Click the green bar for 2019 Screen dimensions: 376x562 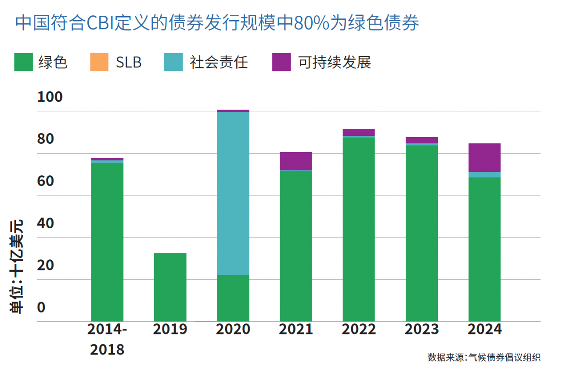[x=170, y=287]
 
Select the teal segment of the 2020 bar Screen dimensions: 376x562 [x=233, y=193]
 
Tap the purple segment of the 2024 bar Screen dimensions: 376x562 [x=484, y=157]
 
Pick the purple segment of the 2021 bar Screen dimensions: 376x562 [x=295, y=161]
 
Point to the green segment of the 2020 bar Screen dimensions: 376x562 [x=233, y=298]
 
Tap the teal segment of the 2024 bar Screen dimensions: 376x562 [x=484, y=174]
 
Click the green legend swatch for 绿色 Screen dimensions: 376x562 [x=24, y=62]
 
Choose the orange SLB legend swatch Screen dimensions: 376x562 [x=99, y=62]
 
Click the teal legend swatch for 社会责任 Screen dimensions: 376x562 [x=173, y=62]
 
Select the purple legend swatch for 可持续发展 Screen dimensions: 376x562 [x=281, y=62]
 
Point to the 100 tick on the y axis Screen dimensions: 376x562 [x=50, y=97]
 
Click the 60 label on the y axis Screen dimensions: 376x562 [x=46, y=181]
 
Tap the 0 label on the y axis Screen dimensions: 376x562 [x=41, y=308]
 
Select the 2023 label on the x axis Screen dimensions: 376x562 [x=421, y=330]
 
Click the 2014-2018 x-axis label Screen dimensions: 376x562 [x=107, y=340]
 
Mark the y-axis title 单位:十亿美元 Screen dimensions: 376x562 [x=17, y=266]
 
